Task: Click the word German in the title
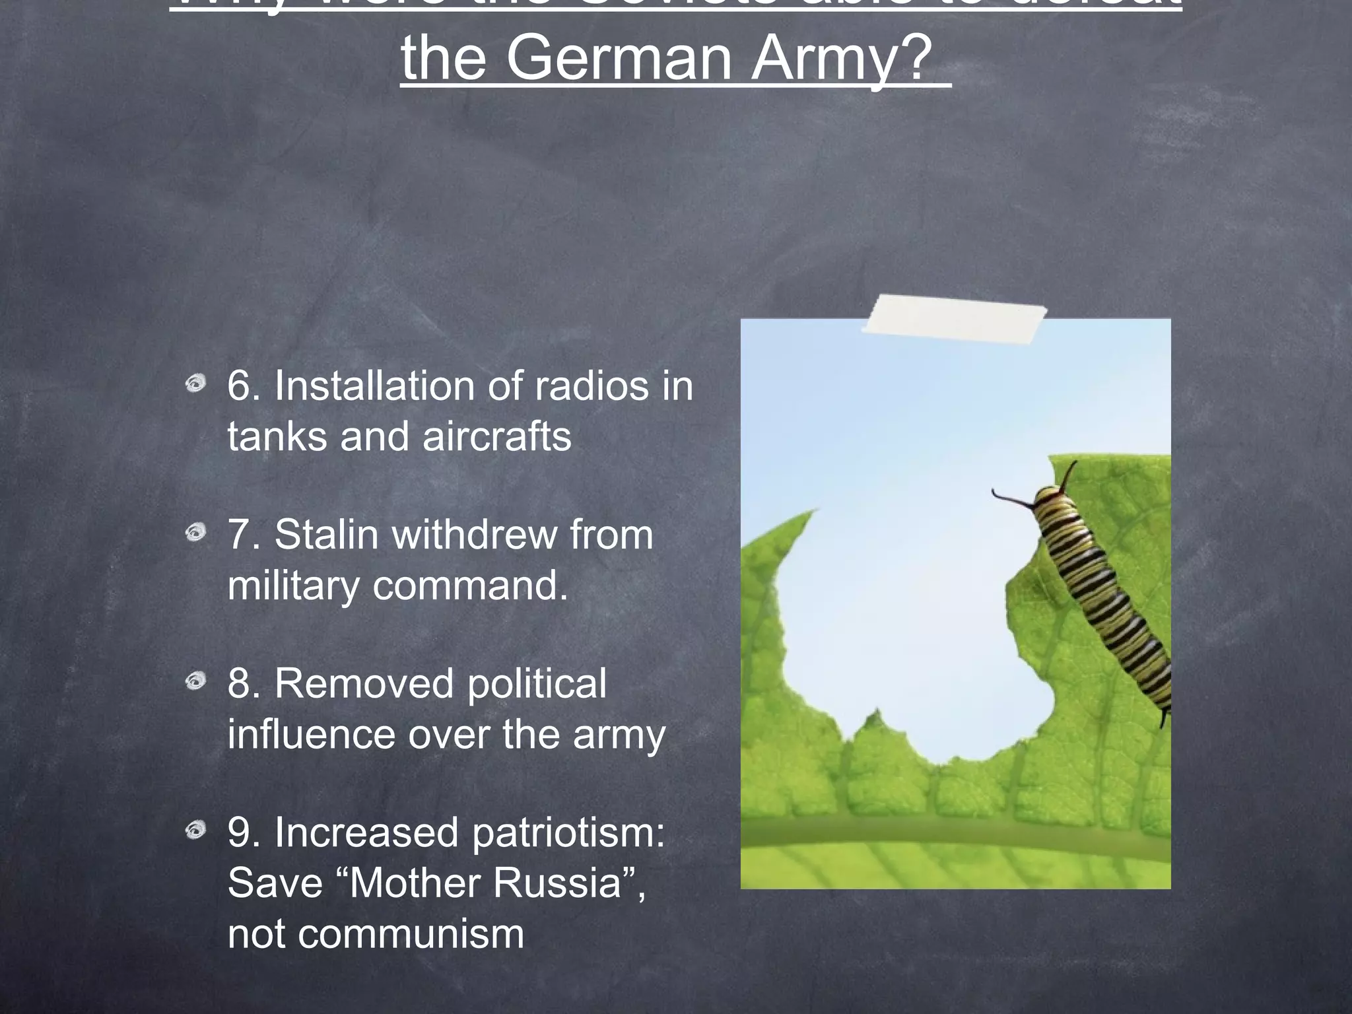click(619, 58)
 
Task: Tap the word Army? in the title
click(842, 58)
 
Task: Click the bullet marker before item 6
click(195, 384)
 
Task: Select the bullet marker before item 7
click(195, 532)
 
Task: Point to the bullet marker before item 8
click(195, 681)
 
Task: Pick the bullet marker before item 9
click(195, 829)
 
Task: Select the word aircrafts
click(496, 436)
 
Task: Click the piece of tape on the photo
click(954, 320)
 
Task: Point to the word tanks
click(277, 436)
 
